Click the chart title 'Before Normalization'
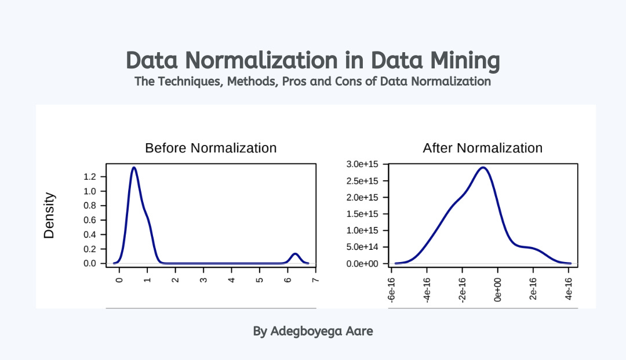tap(210, 148)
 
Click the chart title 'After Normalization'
tap(482, 148)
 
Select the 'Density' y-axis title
tap(50, 216)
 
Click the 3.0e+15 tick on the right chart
tap(362, 165)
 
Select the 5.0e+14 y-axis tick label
tap(362, 247)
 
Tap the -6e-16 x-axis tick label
tap(392, 288)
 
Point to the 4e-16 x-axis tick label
tap(569, 288)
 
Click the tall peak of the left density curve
tap(134, 168)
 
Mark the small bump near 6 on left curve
tap(295, 254)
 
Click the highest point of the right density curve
tap(482, 168)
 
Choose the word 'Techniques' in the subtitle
tap(188, 81)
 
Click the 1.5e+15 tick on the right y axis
tap(362, 214)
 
